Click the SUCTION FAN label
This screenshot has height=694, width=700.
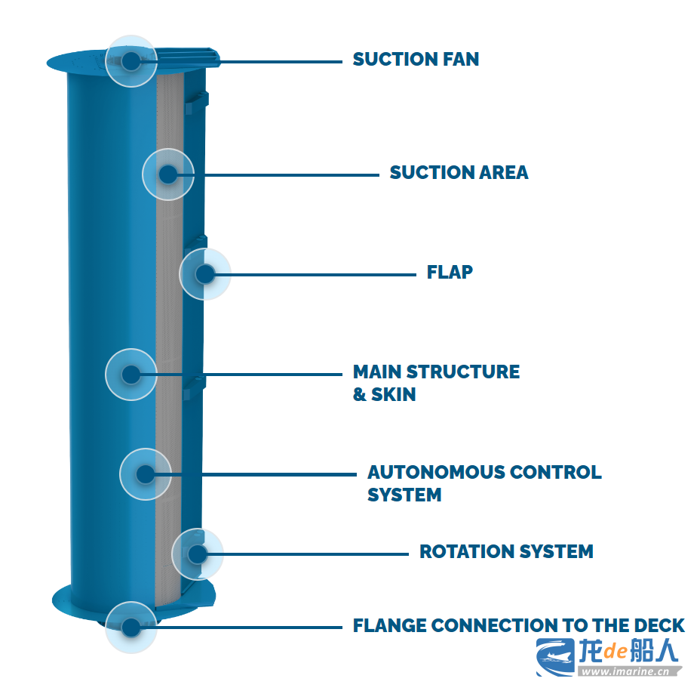416,60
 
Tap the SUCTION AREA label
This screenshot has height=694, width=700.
459,173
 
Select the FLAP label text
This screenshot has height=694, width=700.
450,272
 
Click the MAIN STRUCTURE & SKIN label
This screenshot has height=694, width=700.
436,383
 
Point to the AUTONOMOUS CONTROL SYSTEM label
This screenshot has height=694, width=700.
484,483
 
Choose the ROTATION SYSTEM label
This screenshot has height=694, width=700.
506,552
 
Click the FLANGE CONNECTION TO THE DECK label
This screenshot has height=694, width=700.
518,626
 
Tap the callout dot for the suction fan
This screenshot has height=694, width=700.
131,61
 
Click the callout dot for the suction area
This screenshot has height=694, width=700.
167,174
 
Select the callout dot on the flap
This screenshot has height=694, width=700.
204,273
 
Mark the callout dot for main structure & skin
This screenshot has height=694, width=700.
131,374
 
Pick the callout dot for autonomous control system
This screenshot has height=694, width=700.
145,474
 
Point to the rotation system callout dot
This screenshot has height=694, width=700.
197,554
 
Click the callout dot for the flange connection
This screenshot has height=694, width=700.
131,627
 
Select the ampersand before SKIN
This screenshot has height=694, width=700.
360,394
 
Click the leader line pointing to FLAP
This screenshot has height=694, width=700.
317,274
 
